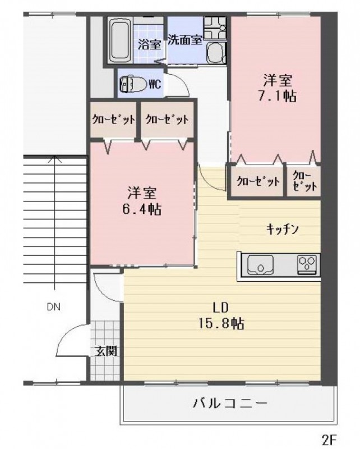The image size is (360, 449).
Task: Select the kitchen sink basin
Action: pos(260,265)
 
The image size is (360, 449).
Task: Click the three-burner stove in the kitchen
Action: pos(307,264)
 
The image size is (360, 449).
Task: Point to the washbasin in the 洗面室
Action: pos(216,53)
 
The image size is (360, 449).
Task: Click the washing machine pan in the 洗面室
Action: pos(215,28)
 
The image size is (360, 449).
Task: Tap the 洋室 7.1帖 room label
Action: pos(278,88)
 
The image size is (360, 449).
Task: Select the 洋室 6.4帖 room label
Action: pos(142,201)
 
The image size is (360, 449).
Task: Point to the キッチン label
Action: pos(283,229)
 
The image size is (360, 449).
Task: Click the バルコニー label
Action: pos(230,404)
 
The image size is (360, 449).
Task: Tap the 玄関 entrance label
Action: pos(106,351)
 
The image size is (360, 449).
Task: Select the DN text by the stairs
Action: pos(53,307)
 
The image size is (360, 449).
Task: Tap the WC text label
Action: pos(155,84)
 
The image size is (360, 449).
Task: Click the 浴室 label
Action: pos(149,44)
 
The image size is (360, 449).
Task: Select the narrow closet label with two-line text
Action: pos(304,181)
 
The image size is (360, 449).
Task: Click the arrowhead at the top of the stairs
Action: pos(54,159)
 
